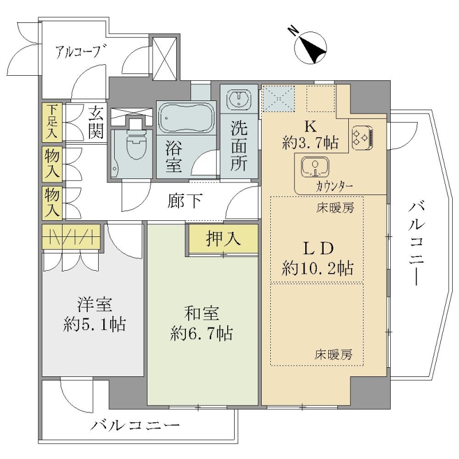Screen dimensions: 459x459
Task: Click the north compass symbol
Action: [x=310, y=48]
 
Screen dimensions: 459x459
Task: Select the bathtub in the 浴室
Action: [x=186, y=118]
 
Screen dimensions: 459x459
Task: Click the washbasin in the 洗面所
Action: [x=239, y=98]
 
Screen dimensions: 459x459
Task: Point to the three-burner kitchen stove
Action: [x=363, y=137]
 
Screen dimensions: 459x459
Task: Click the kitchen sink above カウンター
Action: [x=315, y=167]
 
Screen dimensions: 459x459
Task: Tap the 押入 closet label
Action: [x=223, y=239]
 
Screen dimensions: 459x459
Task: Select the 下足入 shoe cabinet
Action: [x=52, y=122]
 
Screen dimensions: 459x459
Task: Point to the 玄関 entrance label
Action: [x=96, y=122]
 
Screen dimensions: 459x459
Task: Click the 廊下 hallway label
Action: [x=184, y=201]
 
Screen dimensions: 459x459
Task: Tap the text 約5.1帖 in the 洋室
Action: [x=94, y=324]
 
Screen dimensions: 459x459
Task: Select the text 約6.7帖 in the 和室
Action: [x=201, y=333]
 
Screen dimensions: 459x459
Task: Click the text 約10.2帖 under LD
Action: [x=318, y=268]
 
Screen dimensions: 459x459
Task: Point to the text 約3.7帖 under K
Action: [x=310, y=143]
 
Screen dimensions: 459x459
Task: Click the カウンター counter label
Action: [x=334, y=186]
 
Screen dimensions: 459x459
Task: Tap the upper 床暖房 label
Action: [x=335, y=208]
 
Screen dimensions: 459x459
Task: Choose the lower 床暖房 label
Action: [x=333, y=355]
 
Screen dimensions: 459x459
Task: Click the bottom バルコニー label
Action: [x=135, y=425]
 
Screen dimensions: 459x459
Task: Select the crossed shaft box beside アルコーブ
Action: [x=165, y=58]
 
